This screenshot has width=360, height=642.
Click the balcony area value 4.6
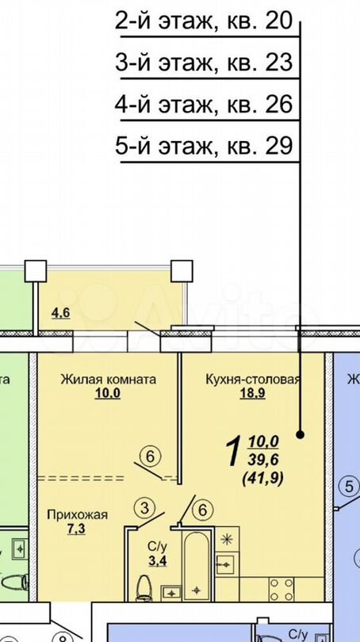[x=61, y=312]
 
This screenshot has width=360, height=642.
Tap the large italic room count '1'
[x=233, y=453]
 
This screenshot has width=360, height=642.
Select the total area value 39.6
[x=265, y=461]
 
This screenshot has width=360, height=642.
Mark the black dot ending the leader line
[x=301, y=434]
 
